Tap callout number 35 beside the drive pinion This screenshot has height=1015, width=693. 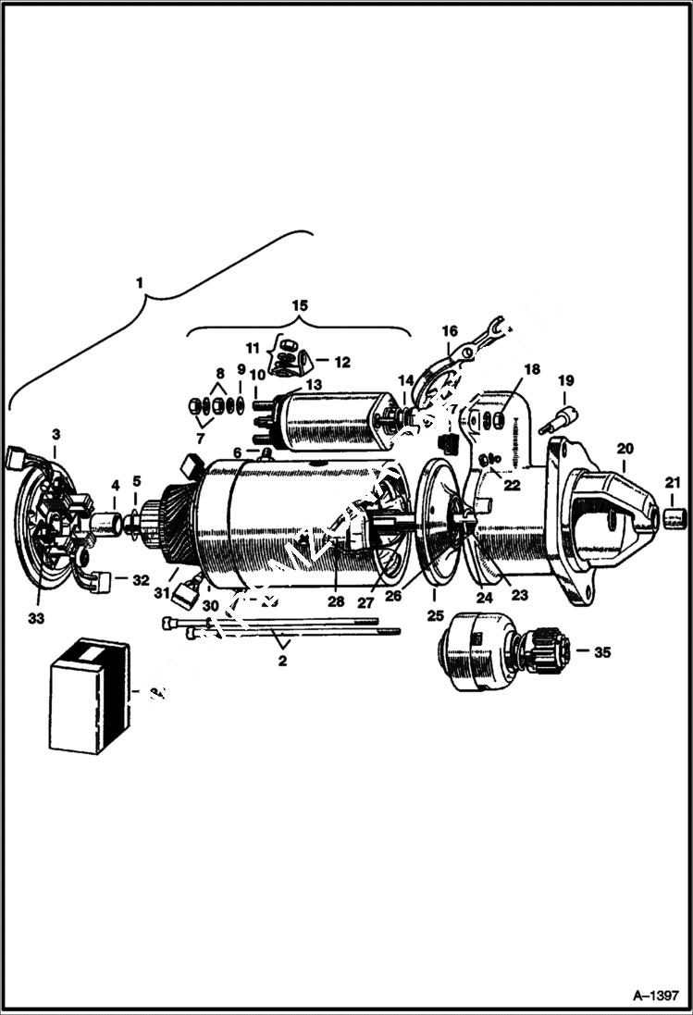click(602, 652)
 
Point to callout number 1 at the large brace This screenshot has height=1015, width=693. click(140, 279)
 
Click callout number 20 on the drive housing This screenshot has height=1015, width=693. click(625, 447)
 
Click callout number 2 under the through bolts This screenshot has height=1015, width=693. click(283, 661)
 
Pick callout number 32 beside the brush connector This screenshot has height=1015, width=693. click(141, 581)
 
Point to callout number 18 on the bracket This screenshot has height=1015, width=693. click(531, 369)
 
